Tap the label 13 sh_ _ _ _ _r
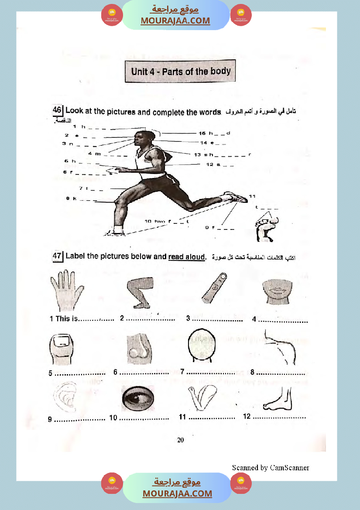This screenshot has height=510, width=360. pyautogui.click(x=223, y=154)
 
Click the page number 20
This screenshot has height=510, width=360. pyautogui.click(x=180, y=440)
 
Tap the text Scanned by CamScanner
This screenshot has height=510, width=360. pyautogui.click(x=270, y=467)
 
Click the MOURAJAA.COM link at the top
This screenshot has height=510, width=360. pyautogui.click(x=175, y=21)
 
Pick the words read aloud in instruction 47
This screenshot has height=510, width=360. pyautogui.click(x=186, y=257)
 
